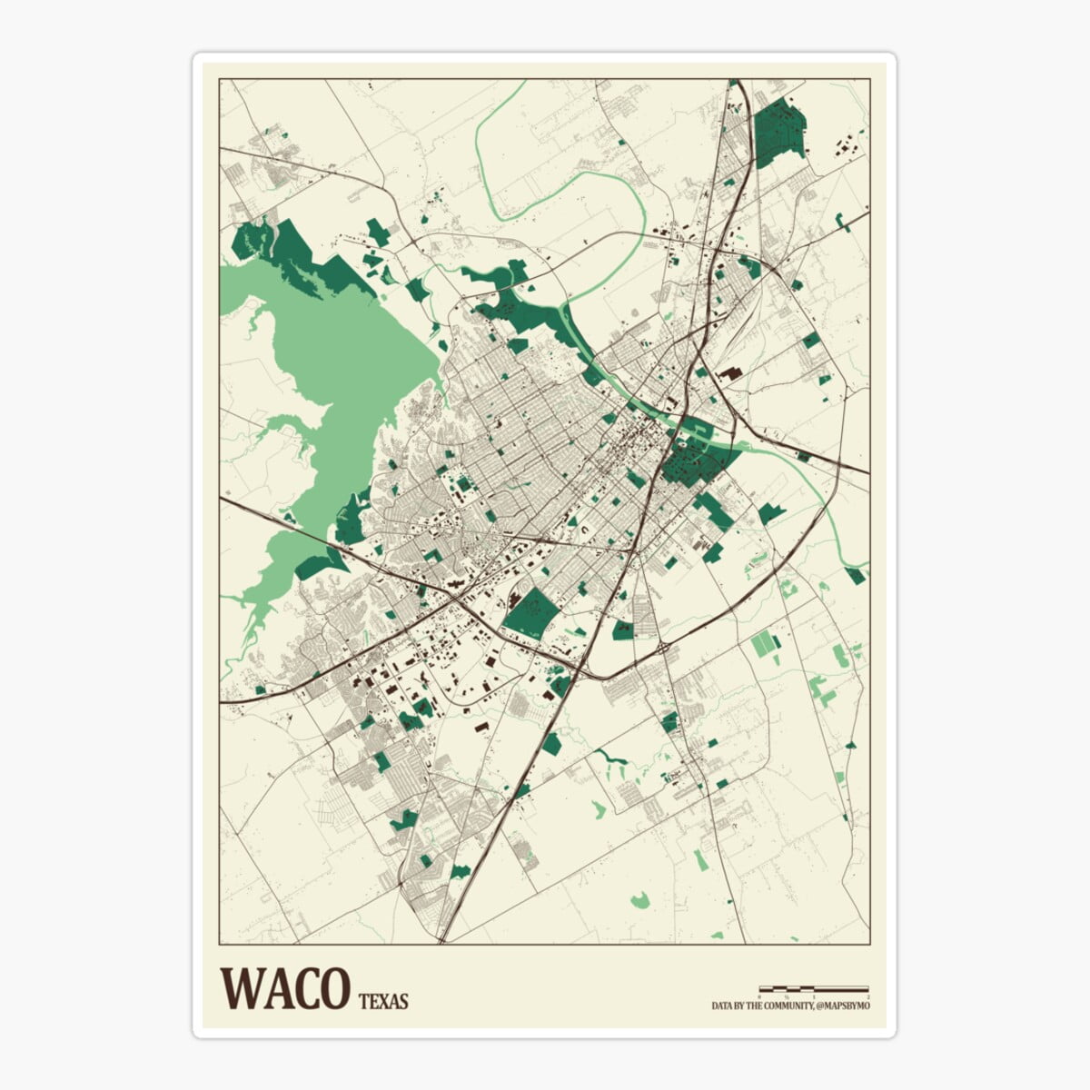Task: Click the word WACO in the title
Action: point(285,987)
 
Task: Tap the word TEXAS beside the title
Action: point(383,1003)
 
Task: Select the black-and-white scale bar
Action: point(814,988)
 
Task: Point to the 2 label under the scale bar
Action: point(867,996)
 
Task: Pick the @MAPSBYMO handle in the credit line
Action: point(844,1006)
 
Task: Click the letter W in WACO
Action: point(240,987)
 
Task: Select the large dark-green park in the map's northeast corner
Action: point(779,133)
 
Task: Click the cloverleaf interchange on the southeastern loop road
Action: point(666,647)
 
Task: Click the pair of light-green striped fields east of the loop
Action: point(765,645)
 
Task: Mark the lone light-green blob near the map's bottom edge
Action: point(639,900)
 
